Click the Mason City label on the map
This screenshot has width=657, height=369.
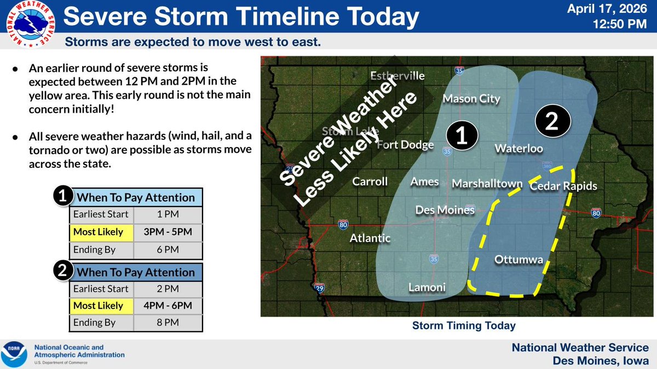(471, 99)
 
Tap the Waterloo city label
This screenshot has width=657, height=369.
(518, 149)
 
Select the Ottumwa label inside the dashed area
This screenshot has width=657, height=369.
(518, 260)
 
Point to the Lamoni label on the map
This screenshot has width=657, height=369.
(427, 288)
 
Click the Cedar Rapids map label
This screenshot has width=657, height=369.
(563, 186)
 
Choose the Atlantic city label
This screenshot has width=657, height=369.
(371, 238)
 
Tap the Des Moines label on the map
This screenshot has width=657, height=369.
(445, 210)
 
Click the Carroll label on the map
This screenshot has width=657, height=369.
(370, 181)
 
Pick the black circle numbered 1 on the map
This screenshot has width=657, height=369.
(461, 136)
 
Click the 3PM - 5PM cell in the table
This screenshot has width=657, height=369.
(168, 232)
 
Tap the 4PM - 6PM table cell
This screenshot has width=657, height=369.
(168, 306)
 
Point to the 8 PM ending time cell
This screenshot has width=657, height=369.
(168, 323)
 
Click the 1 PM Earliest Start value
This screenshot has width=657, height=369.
(168, 215)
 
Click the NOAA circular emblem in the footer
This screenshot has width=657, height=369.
(15, 354)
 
